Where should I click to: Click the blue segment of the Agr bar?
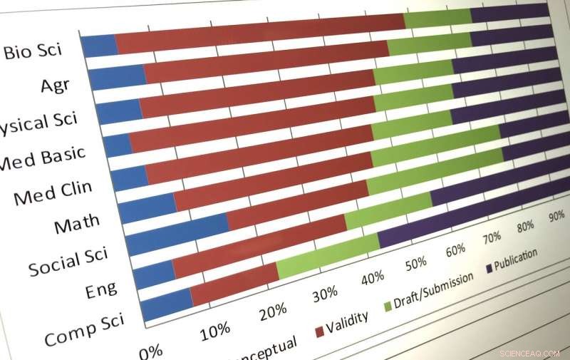118,76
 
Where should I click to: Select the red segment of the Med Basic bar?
249,138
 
